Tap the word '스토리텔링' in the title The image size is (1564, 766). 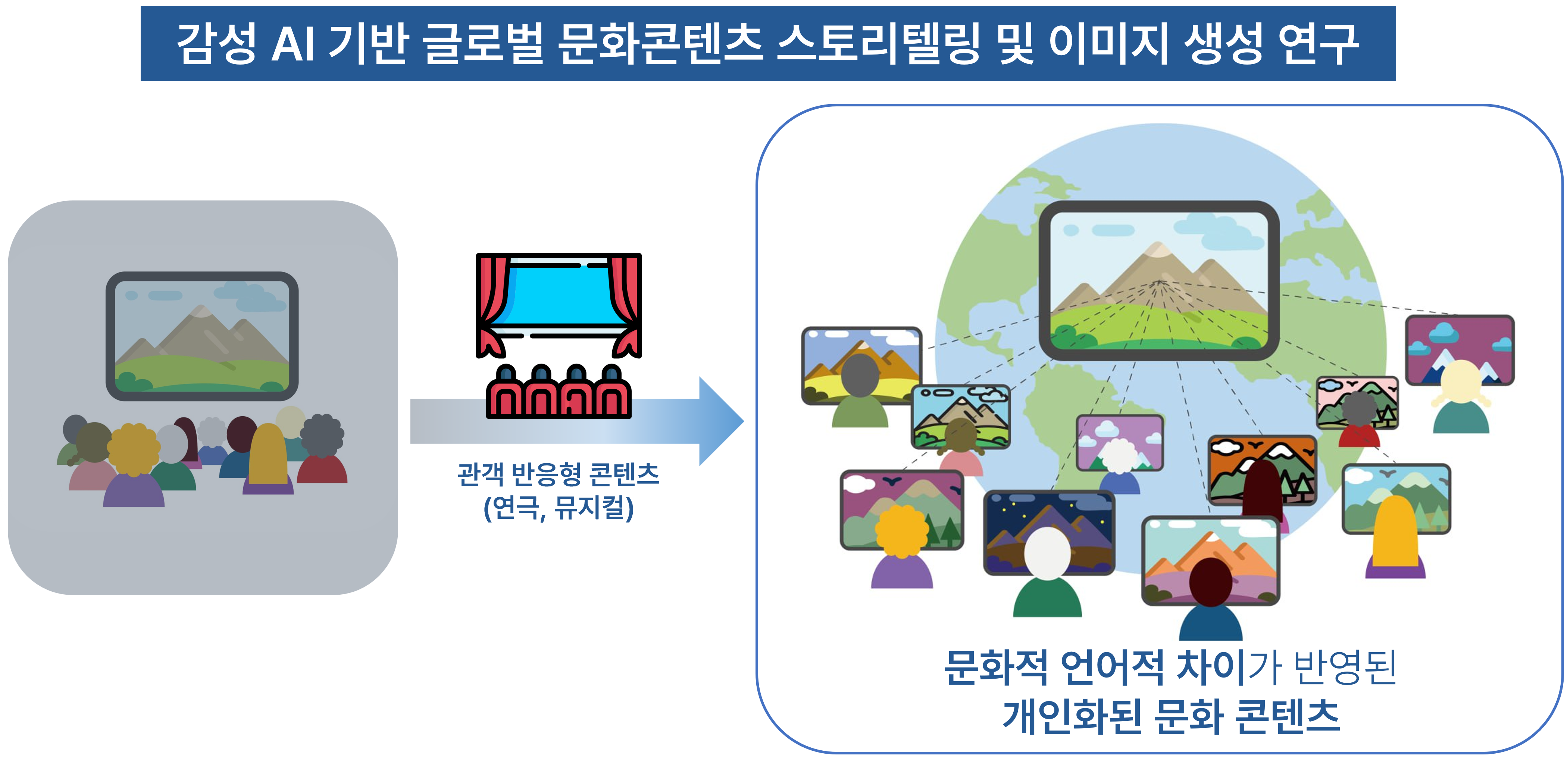[879, 44]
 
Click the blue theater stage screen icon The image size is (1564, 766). [559, 295]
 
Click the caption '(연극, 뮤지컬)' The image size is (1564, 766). [559, 508]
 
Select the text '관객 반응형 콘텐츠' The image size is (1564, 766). [559, 474]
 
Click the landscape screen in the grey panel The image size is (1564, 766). [202, 336]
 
